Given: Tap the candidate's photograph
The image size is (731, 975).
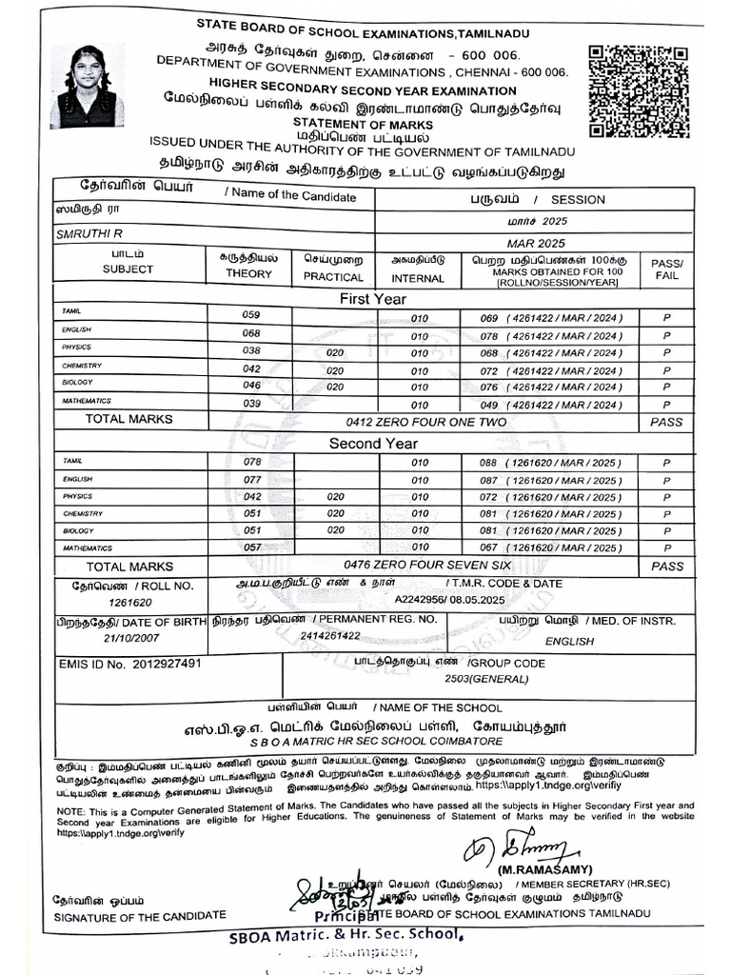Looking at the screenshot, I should (x=87, y=87).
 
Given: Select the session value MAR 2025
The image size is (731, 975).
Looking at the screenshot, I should (x=536, y=243).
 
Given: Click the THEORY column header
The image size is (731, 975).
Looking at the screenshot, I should (x=248, y=273).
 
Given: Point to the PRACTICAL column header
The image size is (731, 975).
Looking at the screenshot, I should (x=333, y=277).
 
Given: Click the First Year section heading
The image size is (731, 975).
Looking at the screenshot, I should (x=373, y=299).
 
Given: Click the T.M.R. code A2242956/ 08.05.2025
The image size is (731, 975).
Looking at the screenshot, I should (x=455, y=602).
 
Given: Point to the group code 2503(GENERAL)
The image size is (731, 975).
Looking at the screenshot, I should (x=482, y=680).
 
